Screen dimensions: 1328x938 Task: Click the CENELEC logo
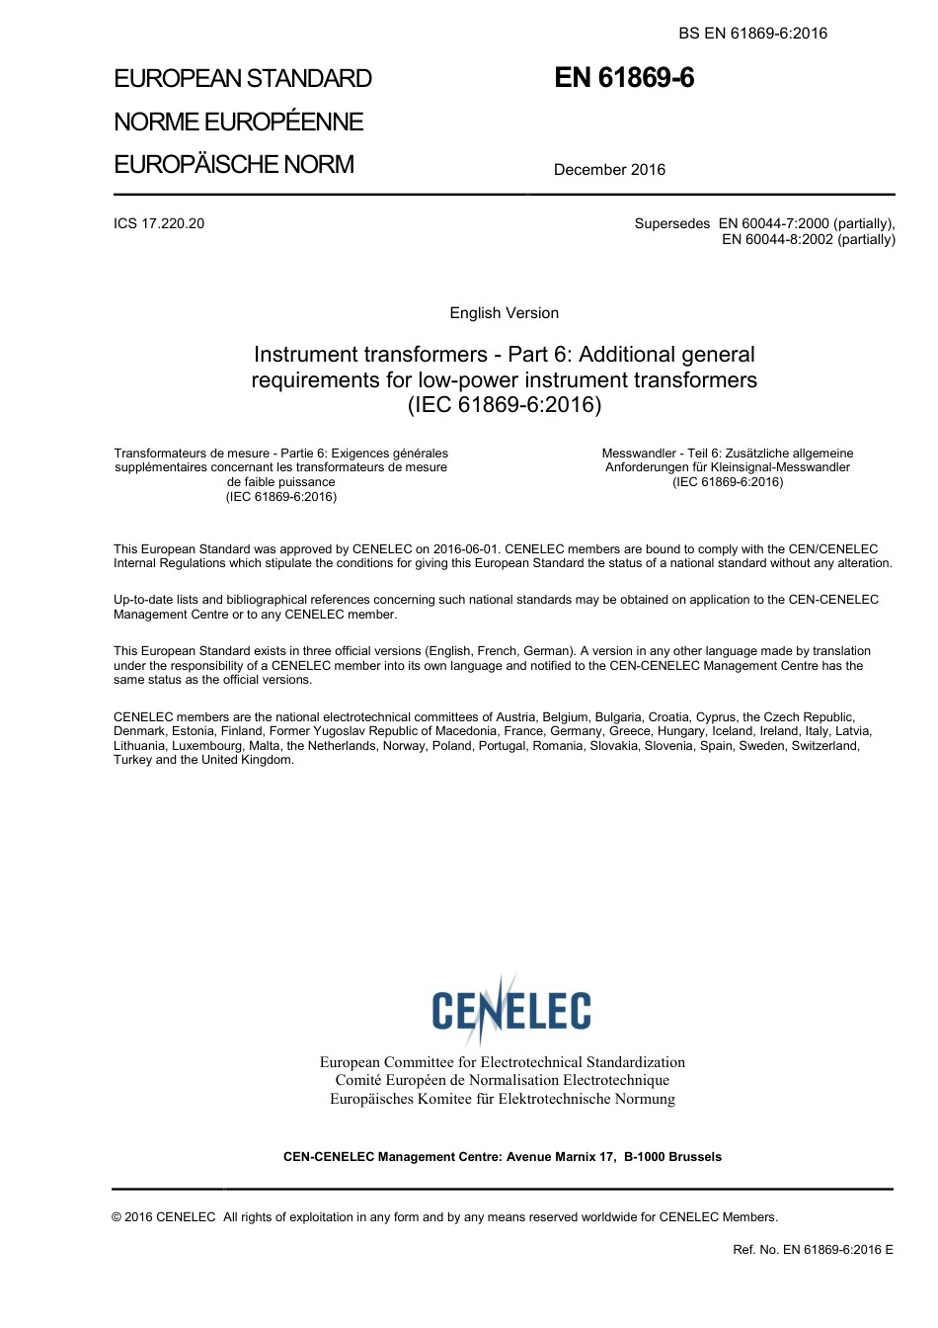tap(510, 1009)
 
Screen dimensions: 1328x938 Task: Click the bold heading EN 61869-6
tap(624, 78)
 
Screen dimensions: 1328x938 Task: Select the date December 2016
tap(609, 170)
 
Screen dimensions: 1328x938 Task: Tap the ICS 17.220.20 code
tap(159, 223)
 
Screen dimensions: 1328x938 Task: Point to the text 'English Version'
tap(504, 313)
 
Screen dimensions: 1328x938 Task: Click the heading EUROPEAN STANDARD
tap(243, 79)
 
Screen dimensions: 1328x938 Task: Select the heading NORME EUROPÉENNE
tap(239, 122)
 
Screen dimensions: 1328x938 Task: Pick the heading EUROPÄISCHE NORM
tap(234, 164)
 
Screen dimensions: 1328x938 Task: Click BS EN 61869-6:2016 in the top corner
tap(752, 34)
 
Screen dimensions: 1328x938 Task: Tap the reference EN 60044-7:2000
tap(774, 223)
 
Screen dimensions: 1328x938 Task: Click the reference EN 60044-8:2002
tap(778, 239)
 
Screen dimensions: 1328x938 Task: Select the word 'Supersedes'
tap(671, 223)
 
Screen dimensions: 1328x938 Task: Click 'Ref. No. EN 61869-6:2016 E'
tap(813, 1250)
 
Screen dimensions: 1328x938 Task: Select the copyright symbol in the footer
tap(117, 1217)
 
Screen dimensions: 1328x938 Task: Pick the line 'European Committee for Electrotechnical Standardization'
tap(502, 1062)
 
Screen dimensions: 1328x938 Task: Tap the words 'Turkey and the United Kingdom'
tap(203, 760)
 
